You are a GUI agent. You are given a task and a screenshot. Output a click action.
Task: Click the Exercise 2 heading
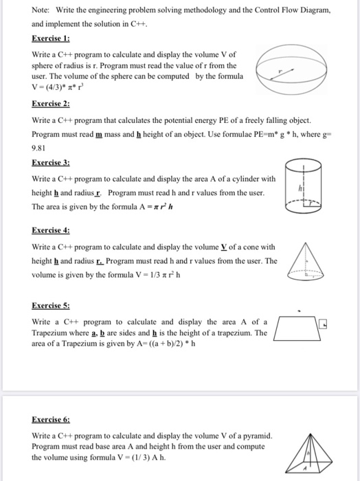point(51,104)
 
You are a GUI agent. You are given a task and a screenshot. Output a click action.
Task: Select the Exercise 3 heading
point(51,163)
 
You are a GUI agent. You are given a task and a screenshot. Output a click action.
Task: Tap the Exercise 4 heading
point(51,231)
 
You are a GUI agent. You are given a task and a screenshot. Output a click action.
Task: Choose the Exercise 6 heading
point(51,418)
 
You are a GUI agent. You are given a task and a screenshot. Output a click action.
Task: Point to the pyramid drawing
point(311,454)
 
